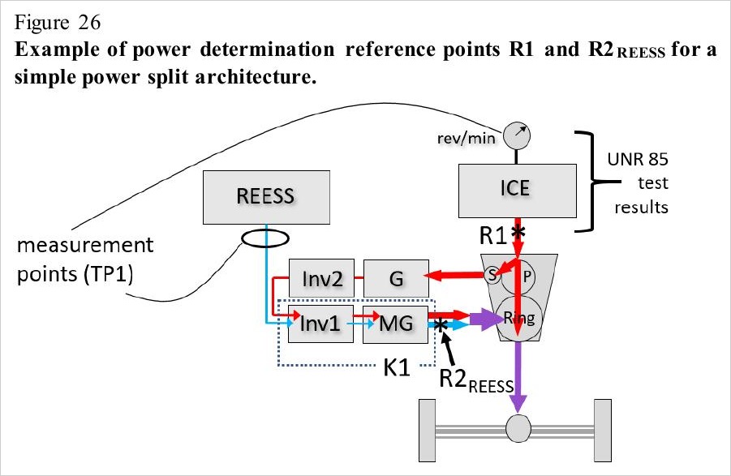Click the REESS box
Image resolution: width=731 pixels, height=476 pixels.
coord(266,197)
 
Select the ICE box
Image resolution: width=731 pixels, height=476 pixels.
coord(518,191)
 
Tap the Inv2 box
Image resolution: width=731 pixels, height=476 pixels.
coord(321,278)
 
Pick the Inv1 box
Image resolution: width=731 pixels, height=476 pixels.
coord(320,324)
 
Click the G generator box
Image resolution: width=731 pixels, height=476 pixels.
coord(396,278)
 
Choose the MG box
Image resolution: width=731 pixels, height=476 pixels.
coord(395,324)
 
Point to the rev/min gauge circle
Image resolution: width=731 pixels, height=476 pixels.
coord(517,136)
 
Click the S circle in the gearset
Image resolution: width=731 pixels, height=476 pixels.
coord(492,275)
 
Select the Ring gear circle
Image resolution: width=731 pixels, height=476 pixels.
coord(519,318)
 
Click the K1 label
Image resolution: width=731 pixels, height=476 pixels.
coord(397,368)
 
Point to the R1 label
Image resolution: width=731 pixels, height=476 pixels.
coord(492,235)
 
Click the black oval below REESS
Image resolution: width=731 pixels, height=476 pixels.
coord(265,238)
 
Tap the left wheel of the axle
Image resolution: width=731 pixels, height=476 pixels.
coord(428,431)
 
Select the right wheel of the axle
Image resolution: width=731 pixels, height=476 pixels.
coord(603,431)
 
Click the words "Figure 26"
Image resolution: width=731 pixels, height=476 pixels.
coord(58,23)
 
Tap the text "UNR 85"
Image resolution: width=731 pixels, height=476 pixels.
coord(638,159)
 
